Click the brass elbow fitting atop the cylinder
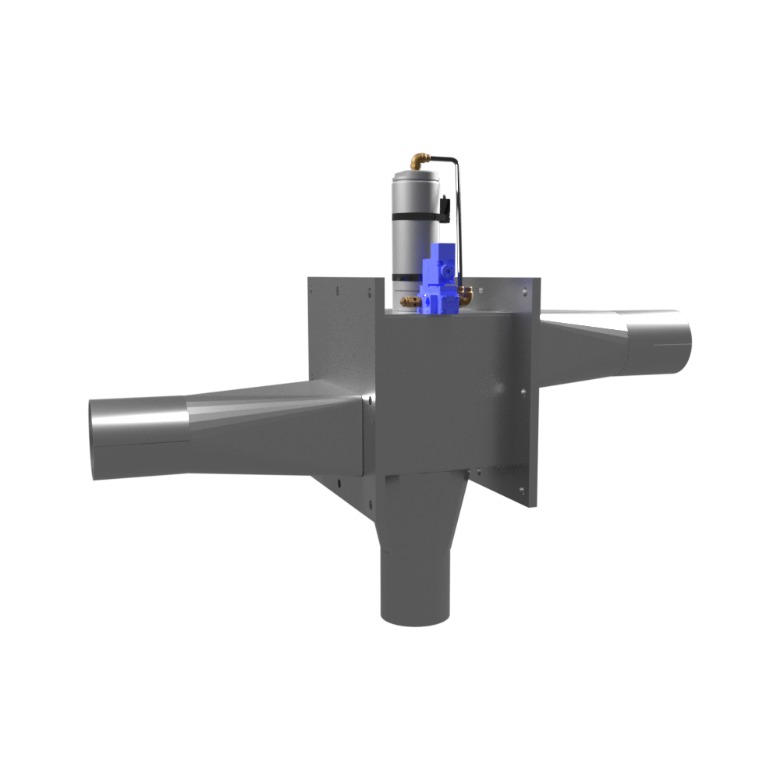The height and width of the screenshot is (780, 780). tap(422, 161)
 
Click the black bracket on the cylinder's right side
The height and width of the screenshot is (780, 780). tap(445, 207)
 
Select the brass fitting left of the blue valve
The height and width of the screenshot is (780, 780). tap(408, 300)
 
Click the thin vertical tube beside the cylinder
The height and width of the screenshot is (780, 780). tap(460, 226)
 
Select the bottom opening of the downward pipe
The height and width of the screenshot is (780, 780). tap(413, 620)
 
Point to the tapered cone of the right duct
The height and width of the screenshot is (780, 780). tap(585, 343)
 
